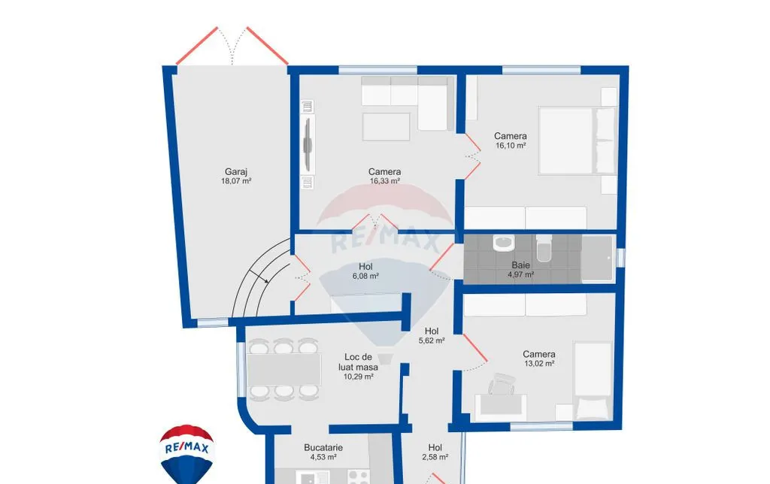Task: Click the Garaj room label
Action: coord(235,172)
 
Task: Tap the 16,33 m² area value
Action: coord(384,181)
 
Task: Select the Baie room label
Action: coord(520,265)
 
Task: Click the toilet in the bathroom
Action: coord(544,248)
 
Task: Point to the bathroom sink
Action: coord(503,243)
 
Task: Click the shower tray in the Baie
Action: coord(597,259)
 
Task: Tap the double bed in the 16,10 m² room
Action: coord(577,141)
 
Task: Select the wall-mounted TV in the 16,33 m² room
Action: coord(308,144)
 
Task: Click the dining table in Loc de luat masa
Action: coord(283,369)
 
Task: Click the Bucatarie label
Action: coord(323,448)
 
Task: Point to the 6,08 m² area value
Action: coord(365,277)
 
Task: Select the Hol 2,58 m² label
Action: coord(435,452)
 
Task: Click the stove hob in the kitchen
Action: coord(359,476)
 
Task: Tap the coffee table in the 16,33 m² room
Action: coord(386,127)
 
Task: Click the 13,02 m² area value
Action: coord(539,364)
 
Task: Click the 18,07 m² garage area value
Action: coord(235,181)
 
